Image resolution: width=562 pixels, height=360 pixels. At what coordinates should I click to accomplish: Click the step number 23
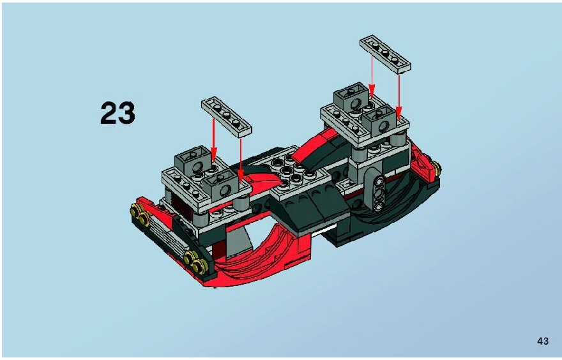(x=118, y=113)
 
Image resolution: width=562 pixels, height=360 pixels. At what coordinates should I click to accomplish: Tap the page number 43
(x=543, y=341)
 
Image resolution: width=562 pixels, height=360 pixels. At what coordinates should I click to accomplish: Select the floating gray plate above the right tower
(x=385, y=54)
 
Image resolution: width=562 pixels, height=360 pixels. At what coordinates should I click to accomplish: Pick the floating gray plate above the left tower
(x=227, y=117)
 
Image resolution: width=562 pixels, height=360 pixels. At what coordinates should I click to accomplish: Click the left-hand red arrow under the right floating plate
(x=372, y=77)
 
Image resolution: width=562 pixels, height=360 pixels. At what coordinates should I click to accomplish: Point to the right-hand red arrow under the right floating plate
(x=399, y=96)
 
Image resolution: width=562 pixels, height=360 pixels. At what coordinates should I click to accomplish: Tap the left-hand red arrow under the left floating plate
(x=213, y=140)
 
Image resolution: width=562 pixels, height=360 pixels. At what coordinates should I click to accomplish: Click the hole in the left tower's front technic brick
(x=225, y=190)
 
